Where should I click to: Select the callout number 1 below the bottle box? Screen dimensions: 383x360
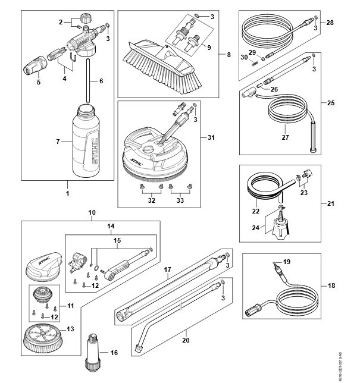67,193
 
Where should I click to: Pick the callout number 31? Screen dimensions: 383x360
228,138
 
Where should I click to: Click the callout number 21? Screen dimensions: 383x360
331,203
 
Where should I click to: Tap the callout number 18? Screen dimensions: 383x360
331,285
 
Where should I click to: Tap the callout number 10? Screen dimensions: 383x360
92,212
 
